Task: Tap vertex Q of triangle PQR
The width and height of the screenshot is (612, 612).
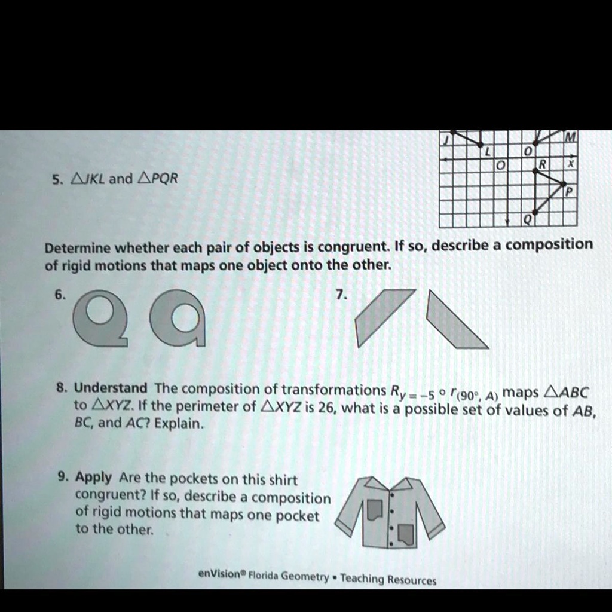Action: tap(535, 212)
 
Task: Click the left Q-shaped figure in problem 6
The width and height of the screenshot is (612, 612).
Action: tap(100, 317)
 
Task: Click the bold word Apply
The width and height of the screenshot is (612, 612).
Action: tap(94, 478)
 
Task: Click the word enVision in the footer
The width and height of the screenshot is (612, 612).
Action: tap(219, 573)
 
